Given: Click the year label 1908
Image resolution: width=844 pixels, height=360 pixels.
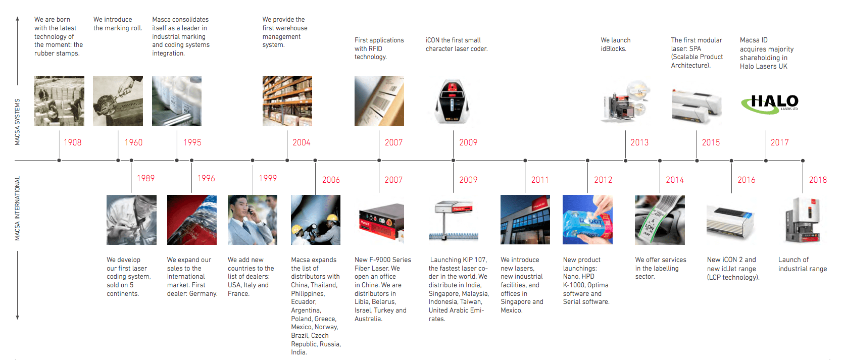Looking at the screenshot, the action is (72, 142).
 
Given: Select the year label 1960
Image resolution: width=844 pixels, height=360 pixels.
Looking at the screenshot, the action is (133, 142).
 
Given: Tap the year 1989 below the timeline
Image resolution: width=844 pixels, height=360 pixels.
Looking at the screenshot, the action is (145, 178).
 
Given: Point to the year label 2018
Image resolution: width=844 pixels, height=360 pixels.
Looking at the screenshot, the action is (818, 180).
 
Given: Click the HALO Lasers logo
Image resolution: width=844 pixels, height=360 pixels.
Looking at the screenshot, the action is (769, 103).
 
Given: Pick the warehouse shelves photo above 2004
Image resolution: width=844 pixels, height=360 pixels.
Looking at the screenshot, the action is (287, 101).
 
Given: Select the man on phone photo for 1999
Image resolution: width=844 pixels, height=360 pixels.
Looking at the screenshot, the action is (253, 220).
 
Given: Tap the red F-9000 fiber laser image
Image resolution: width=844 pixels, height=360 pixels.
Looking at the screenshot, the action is (381, 221).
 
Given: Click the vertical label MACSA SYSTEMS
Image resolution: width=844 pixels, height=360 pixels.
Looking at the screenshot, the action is (17, 122).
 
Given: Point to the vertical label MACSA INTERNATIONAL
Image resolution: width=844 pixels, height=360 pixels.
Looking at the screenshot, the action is (17, 208).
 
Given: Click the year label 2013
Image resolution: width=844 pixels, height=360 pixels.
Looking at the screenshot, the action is (639, 142).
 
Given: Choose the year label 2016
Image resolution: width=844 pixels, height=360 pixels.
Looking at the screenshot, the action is (746, 180).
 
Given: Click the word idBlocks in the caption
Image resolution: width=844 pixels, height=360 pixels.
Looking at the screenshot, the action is (613, 48).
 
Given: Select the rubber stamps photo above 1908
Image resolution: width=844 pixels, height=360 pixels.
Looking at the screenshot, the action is (59, 101).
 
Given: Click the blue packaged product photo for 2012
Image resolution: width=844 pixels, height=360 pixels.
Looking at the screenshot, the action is (587, 220).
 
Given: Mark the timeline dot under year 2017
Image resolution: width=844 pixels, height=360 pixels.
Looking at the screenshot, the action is (766, 161).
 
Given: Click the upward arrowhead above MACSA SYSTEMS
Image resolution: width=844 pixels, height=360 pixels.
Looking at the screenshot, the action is (17, 19).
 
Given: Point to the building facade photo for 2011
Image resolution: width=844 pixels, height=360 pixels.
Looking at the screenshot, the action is (525, 220).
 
